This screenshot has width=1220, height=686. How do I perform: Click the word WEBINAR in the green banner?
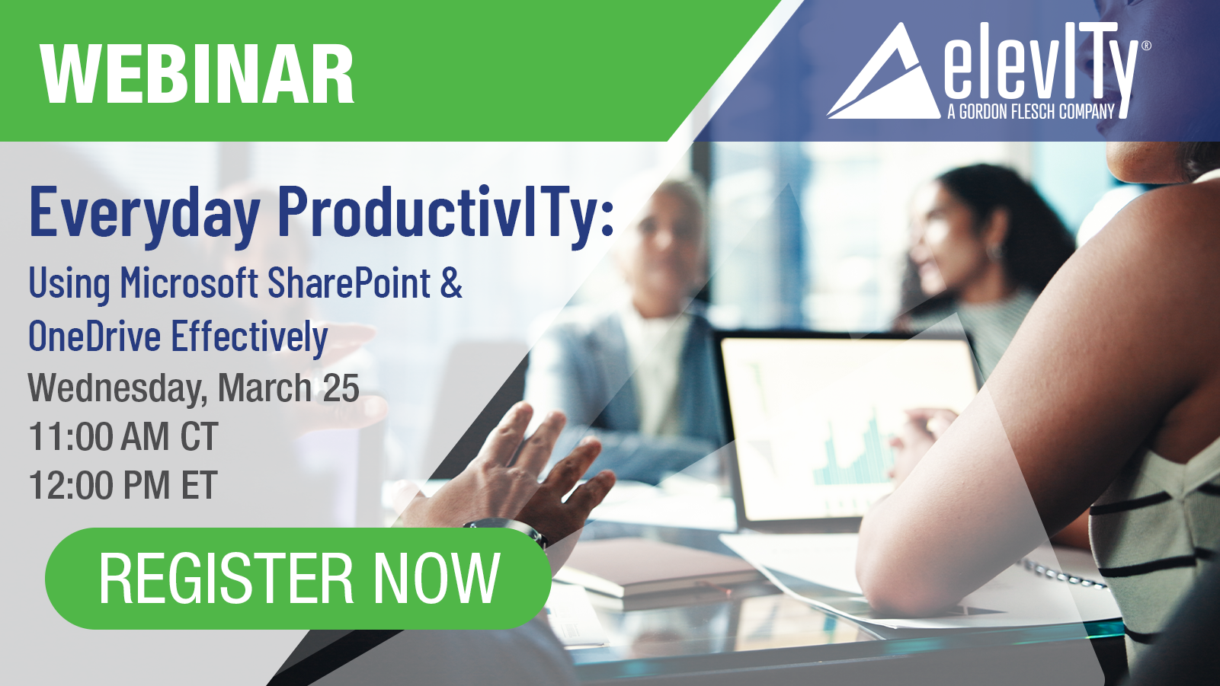[x=197, y=74]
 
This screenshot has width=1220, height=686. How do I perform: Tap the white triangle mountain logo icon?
[x=883, y=70]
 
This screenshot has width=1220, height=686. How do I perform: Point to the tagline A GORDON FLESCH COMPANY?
[x=1031, y=111]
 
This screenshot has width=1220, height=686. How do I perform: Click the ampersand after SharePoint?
[x=452, y=283]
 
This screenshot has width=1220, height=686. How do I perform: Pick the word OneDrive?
[x=94, y=336]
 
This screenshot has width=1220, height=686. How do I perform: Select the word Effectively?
[x=249, y=337]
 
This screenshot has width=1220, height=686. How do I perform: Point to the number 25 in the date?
[x=341, y=388]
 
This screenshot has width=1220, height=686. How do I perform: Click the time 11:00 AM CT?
[x=123, y=436]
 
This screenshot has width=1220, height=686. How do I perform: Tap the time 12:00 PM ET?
[x=123, y=485]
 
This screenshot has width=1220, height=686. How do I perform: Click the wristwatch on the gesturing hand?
[x=508, y=531]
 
